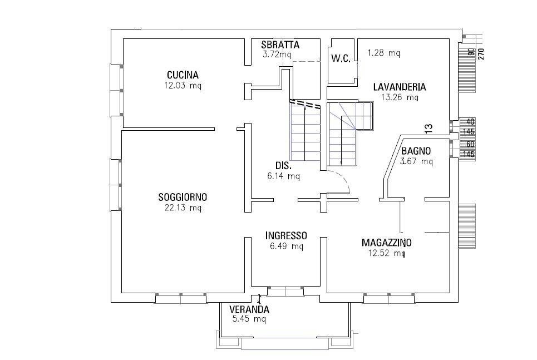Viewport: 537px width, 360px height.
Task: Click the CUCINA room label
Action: [183, 75]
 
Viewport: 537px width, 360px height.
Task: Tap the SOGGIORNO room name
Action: [183, 198]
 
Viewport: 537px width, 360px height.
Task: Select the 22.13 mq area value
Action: [183, 208]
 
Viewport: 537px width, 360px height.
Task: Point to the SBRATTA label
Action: [280, 45]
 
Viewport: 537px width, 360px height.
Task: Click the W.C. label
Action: [341, 58]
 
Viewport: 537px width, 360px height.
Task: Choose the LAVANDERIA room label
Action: [400, 87]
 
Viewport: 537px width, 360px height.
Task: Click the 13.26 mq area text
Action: [400, 97]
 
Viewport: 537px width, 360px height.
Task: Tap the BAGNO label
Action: [416, 151]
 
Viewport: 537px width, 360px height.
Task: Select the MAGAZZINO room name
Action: [387, 243]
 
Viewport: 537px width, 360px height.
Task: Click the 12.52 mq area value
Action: [387, 253]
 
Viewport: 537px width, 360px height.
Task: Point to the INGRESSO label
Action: [286, 236]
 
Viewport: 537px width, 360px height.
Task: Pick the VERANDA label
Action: [249, 310]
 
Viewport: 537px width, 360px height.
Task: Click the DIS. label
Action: [284, 166]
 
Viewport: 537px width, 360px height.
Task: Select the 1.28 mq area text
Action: [384, 53]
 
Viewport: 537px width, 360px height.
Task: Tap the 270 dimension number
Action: [481, 54]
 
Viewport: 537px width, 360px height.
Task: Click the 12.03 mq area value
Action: [183, 85]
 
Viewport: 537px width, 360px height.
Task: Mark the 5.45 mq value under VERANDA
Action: [249, 319]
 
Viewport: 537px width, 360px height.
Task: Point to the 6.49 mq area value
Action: [287, 246]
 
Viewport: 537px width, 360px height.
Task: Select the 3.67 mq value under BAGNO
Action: [416, 161]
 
